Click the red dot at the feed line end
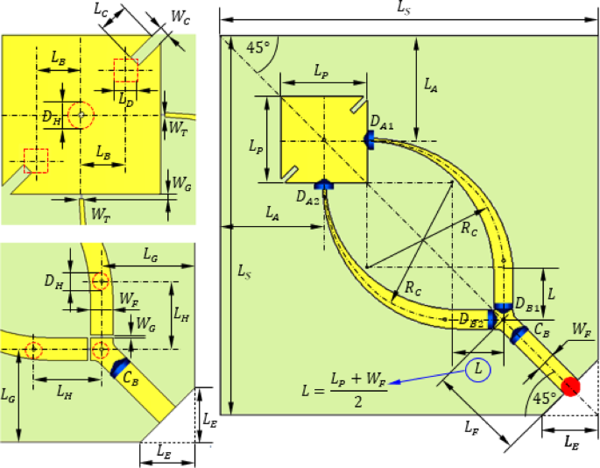572,385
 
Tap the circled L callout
478,370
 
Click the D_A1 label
382,124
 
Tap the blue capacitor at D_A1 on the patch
371,141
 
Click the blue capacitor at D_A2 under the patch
325,184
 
